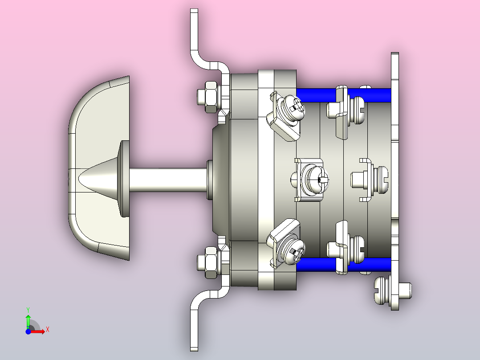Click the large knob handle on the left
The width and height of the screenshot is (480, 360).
[x=92, y=168]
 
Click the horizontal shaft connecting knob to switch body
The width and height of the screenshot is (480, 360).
[x=168, y=180]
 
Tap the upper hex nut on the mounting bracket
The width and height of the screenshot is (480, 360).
[x=210, y=97]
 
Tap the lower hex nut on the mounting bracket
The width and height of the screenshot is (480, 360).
[x=210, y=262]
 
